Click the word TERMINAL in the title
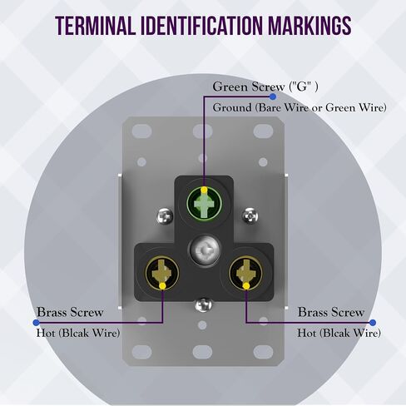click(x=95, y=26)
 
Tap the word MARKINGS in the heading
click(x=309, y=26)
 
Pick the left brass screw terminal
click(x=162, y=272)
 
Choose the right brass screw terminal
click(x=246, y=272)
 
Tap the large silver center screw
click(x=205, y=251)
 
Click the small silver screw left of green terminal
click(x=165, y=216)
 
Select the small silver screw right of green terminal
click(x=250, y=215)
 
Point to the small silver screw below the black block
click(x=204, y=305)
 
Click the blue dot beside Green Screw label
click(x=273, y=97)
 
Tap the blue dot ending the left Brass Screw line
click(x=37, y=323)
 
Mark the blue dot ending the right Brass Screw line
click(x=373, y=323)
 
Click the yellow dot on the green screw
click(x=204, y=191)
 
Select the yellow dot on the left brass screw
click(x=162, y=286)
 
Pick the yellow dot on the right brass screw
click(x=246, y=285)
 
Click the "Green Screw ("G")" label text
click(x=265, y=87)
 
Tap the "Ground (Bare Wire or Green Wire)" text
click(x=300, y=107)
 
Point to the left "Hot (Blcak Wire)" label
click(x=78, y=333)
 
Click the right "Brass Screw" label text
click(x=331, y=312)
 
